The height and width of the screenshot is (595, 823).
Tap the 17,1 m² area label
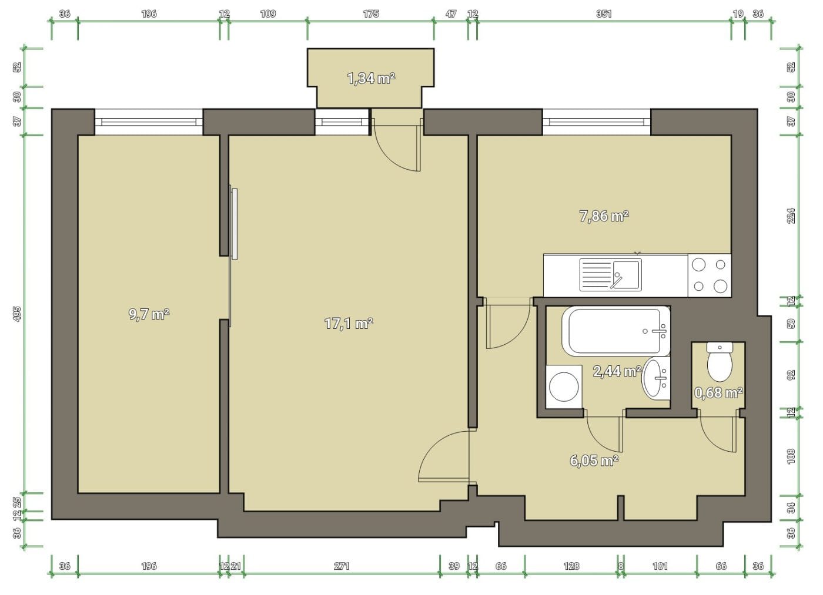(349, 324)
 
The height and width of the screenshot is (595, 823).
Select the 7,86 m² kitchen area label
(604, 216)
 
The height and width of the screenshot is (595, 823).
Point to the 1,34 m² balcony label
(371, 78)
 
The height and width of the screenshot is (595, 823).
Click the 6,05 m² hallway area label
(594, 460)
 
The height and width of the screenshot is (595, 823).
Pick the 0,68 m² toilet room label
(718, 393)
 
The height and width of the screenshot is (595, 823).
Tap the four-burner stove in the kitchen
(710, 275)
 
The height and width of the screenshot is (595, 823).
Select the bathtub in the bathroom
(616, 331)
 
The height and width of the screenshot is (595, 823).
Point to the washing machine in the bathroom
(564, 387)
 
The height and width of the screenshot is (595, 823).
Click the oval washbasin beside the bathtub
(656, 378)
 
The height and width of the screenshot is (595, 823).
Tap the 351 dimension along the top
(604, 14)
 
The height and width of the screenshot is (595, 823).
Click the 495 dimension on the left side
(17, 314)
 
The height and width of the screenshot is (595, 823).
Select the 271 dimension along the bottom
(342, 566)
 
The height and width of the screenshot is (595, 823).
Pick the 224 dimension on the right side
(791, 216)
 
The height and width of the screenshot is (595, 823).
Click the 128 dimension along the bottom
(571, 566)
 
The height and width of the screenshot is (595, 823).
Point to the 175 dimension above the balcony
(371, 14)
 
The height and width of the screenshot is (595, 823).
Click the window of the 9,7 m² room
(149, 122)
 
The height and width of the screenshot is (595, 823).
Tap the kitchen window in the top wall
(597, 122)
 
